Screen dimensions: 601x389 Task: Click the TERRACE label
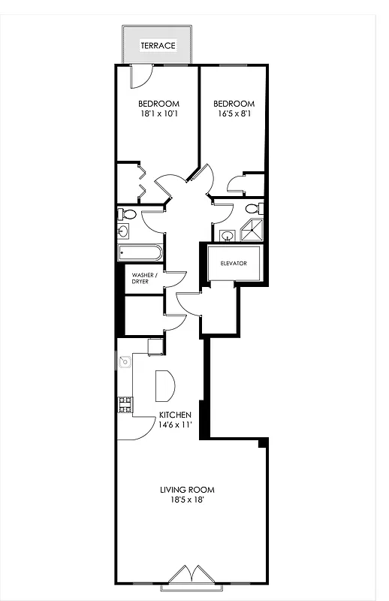[158, 46]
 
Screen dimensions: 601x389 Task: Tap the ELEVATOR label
[233, 263]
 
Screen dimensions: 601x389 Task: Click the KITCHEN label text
[175, 415]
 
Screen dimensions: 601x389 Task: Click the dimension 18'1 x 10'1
[158, 114]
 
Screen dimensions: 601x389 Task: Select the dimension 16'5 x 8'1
[234, 114]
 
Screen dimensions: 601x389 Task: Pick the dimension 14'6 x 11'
[175, 425]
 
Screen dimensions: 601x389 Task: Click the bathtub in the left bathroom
[140, 252]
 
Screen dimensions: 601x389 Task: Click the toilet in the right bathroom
[252, 208]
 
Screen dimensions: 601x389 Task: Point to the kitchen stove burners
[124, 406]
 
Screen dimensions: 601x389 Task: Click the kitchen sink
[125, 362]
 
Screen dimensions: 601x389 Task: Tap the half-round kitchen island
[164, 386]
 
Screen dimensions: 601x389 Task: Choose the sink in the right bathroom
[228, 236]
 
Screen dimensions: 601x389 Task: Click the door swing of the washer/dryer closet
[176, 279]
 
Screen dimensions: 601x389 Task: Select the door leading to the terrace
[142, 75]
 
